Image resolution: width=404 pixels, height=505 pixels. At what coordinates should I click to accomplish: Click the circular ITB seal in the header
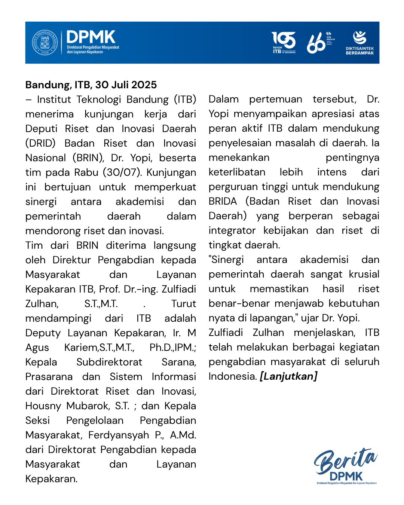point(45,42)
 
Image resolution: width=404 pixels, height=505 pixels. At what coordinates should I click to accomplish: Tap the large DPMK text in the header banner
point(91,37)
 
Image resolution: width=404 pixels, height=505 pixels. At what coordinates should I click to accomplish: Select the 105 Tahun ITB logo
point(284,42)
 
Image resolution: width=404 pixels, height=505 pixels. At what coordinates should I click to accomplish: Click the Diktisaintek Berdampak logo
point(359,43)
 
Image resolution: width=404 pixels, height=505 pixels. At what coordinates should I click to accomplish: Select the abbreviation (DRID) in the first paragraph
point(40,143)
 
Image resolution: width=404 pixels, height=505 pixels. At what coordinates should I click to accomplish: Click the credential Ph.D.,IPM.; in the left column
point(172,348)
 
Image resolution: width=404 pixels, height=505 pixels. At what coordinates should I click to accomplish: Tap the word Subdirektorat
point(109,362)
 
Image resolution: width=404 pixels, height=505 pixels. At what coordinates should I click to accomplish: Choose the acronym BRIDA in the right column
point(223,201)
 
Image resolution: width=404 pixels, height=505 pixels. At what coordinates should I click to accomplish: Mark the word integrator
point(232,230)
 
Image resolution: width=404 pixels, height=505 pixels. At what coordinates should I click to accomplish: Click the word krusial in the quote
point(364,274)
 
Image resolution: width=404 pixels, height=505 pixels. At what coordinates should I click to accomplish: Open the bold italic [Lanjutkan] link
point(288,376)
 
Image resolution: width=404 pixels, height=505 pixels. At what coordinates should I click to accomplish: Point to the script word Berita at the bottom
point(345,461)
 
